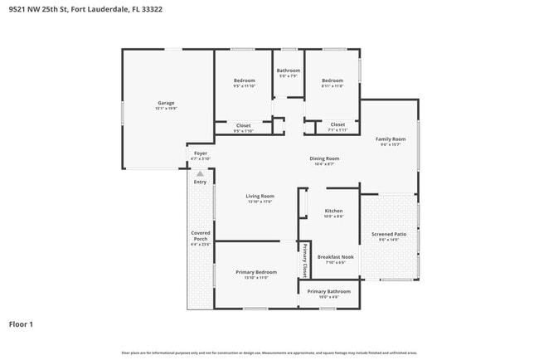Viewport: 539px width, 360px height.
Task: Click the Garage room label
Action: coord(168,104)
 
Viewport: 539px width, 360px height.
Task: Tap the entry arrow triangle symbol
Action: coord(200,174)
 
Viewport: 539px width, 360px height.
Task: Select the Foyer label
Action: coord(200,153)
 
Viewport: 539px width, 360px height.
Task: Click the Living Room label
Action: coord(259,196)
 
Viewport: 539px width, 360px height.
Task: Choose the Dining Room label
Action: coord(324,158)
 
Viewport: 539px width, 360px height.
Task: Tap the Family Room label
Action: coord(391,139)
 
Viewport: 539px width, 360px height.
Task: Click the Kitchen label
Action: coord(333,211)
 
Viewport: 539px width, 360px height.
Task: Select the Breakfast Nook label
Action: coord(336,257)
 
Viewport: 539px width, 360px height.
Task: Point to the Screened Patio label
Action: coord(389,234)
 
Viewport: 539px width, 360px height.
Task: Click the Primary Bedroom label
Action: coord(255,272)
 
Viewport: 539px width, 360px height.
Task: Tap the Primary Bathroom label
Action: coord(329,291)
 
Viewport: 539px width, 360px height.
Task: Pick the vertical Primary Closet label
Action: coord(304,260)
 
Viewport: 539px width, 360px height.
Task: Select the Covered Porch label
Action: coord(201,236)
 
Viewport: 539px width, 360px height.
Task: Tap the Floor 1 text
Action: coord(21,324)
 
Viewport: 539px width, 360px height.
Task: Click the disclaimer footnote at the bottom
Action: coord(269,353)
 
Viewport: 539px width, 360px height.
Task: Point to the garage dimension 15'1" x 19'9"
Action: coord(168,109)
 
